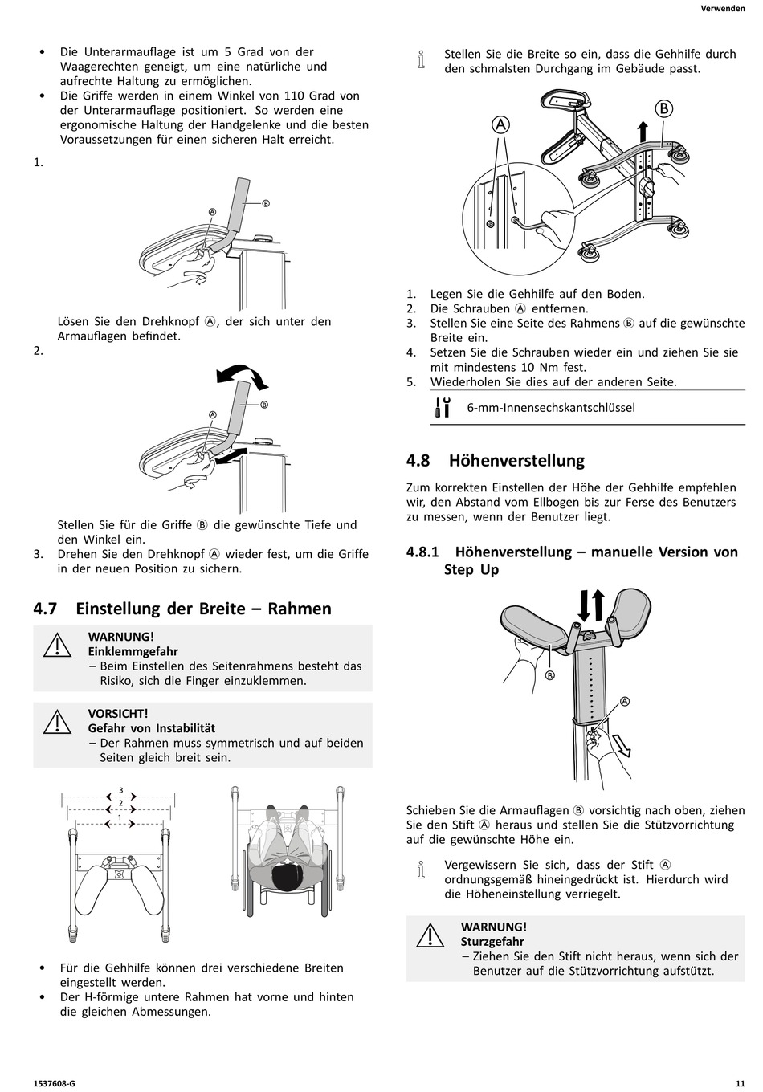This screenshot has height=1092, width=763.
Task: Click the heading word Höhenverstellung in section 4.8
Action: (516, 461)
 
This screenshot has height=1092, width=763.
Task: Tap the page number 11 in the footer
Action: (739, 1083)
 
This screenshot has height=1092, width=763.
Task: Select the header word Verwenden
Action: (723, 9)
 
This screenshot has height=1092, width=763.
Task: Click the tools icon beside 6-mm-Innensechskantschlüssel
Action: (442, 407)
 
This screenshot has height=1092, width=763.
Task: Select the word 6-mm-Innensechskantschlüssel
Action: (551, 408)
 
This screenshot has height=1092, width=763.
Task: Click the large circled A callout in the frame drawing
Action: (500, 124)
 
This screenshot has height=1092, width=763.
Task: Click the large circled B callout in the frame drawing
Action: (663, 109)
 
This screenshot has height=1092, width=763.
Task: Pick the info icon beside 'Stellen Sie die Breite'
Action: (422, 61)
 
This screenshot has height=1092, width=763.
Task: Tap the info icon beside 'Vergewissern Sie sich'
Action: (422, 871)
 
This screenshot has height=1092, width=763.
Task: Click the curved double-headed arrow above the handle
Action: (241, 373)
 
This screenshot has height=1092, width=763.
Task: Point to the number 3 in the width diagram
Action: (120, 790)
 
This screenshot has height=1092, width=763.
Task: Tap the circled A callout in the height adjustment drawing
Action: (624, 701)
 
